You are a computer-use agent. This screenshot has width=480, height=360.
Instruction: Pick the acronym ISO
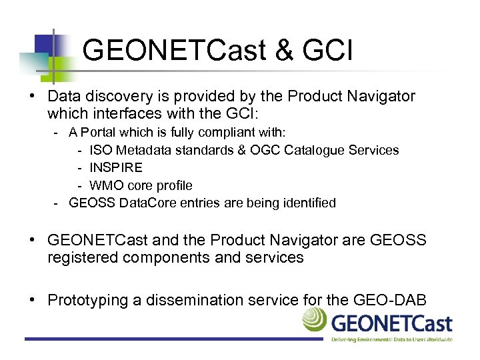point(101,150)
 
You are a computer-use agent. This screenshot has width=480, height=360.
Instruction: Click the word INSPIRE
point(116,168)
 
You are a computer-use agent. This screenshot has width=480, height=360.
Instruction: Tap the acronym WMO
point(104,185)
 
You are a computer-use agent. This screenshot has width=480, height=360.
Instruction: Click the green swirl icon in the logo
point(315,320)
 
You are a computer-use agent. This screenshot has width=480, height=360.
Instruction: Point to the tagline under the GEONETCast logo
point(391,339)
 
